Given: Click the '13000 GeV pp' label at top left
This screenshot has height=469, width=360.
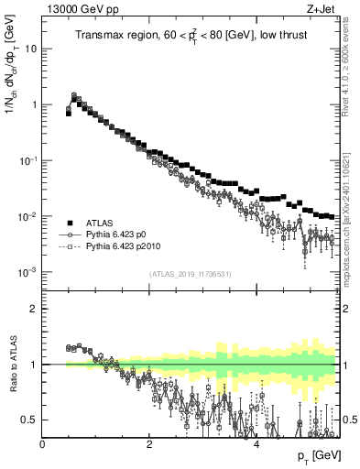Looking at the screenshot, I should click(x=75, y=8).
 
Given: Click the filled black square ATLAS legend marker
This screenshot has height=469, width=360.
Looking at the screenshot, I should click(x=69, y=223).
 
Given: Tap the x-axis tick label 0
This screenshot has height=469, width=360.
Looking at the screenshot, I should click(x=43, y=443).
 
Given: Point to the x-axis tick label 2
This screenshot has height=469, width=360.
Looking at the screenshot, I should click(x=149, y=443).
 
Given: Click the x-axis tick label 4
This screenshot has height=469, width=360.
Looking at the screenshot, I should click(x=256, y=443).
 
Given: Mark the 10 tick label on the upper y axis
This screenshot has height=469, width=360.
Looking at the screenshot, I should click(x=29, y=49).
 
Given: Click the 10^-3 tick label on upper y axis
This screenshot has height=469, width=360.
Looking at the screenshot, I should click(x=27, y=272).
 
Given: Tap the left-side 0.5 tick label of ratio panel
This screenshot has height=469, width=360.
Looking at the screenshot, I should click(x=30, y=420).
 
